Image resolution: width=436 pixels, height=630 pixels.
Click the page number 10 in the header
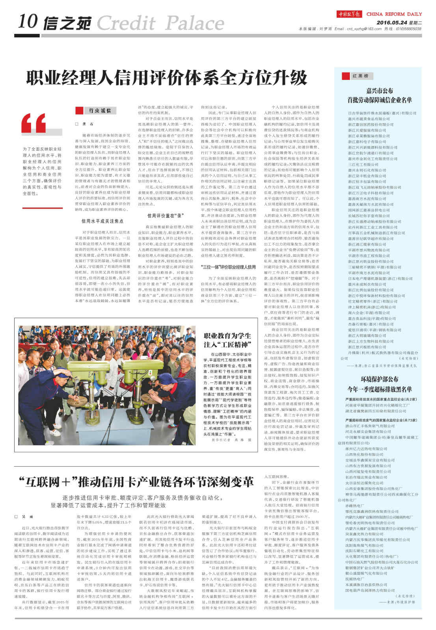[x=28, y=21]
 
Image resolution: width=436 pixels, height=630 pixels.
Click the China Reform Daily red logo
[x=349, y=14]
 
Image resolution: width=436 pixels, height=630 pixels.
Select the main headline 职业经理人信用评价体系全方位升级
[x=166, y=78]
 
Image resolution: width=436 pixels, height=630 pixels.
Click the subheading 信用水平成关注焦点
[x=102, y=221]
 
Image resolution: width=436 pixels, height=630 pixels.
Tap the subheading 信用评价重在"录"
[x=166, y=216]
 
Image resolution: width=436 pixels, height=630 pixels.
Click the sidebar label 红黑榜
[x=360, y=76]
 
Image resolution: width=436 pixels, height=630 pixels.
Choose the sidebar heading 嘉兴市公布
[x=380, y=91]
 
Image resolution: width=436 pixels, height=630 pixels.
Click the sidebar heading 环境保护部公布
[x=380, y=379]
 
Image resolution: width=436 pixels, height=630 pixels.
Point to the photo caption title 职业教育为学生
[x=227, y=336]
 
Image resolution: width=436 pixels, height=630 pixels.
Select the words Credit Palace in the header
[x=160, y=23]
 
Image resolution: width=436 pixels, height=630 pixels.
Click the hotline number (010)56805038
[x=408, y=29]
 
